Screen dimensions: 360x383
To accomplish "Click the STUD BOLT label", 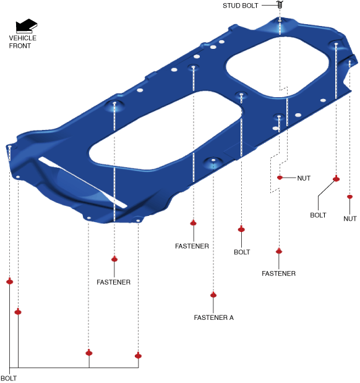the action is [241, 6].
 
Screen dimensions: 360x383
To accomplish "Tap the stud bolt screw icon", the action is [280, 4].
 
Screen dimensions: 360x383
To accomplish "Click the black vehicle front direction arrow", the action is [27, 25].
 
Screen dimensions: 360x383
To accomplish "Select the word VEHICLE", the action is [23, 38].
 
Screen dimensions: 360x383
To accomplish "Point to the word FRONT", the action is [20, 46].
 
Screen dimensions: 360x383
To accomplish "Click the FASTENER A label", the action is [213, 317].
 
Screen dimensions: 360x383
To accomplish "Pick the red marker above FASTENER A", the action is [213, 295].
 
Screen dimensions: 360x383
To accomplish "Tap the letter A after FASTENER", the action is [231, 317].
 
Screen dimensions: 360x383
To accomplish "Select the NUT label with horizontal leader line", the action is [304, 178].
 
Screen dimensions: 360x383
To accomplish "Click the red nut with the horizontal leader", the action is [280, 178].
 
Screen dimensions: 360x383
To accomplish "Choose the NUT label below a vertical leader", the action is [350, 218].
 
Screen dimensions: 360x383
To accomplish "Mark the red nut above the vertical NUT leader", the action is [349, 197].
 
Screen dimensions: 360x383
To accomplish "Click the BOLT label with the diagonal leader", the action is [318, 215].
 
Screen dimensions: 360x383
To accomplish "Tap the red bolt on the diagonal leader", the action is [336, 179].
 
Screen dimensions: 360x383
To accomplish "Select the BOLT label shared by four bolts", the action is [9, 378].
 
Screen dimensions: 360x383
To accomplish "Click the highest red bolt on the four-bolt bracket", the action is [9, 282].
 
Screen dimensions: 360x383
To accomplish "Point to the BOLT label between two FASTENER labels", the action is [242, 252].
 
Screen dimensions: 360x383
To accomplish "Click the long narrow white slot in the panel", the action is [82, 183].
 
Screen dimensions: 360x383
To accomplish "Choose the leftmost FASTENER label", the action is [114, 282].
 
